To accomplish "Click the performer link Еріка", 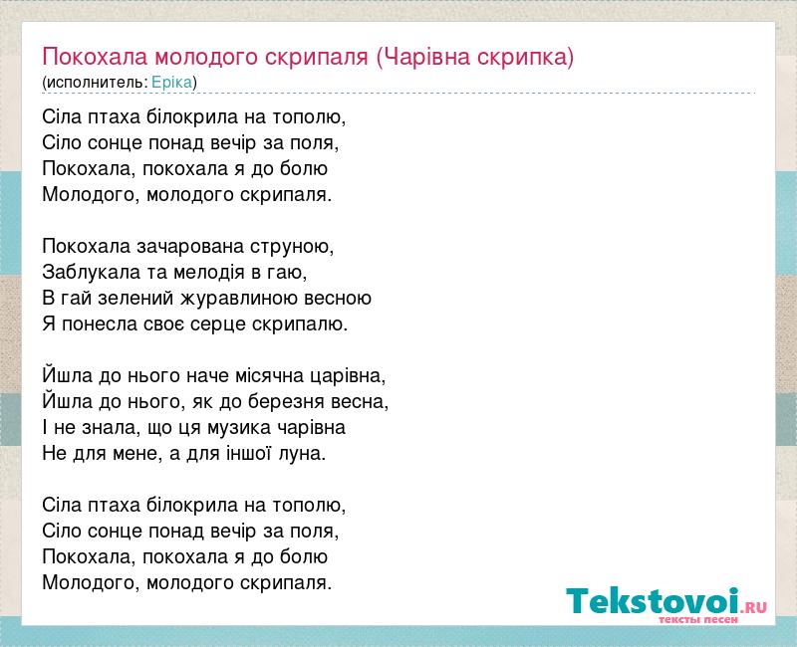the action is click(x=171, y=83).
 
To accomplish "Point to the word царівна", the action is click(x=346, y=376).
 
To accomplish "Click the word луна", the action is click(x=300, y=454).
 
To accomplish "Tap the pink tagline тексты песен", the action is click(x=698, y=619).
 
